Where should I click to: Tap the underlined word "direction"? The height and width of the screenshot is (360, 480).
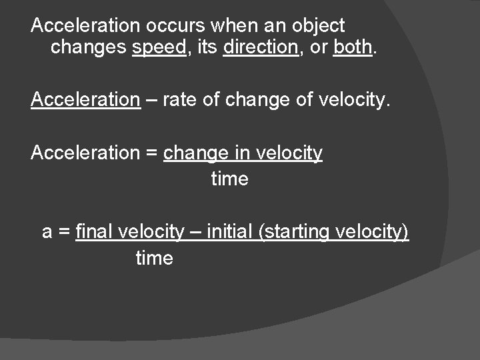pyautogui.click(x=261, y=48)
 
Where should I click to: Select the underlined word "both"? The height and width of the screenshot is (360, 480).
pyautogui.click(x=352, y=48)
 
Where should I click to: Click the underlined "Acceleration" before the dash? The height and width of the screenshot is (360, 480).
pyautogui.click(x=85, y=100)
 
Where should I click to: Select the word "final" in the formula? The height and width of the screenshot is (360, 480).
pyautogui.click(x=95, y=232)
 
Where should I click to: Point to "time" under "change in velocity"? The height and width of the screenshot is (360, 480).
pyautogui.click(x=229, y=179)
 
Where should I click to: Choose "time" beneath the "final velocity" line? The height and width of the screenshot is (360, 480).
pyautogui.click(x=154, y=259)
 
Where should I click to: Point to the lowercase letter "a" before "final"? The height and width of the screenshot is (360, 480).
pyautogui.click(x=47, y=233)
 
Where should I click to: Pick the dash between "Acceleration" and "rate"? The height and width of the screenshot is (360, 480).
pyautogui.click(x=151, y=100)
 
